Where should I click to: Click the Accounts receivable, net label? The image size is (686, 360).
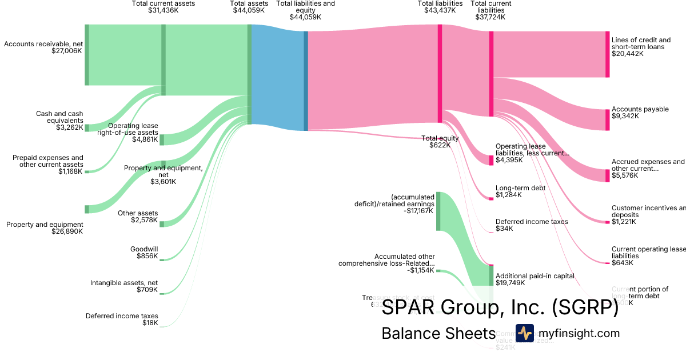click(x=43, y=47)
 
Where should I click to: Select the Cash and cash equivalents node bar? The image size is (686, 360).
click(x=87, y=128)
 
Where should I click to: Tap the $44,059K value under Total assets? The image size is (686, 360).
click(x=249, y=10)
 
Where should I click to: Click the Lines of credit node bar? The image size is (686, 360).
click(x=607, y=54)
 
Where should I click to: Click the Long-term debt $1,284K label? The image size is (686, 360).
click(x=520, y=191)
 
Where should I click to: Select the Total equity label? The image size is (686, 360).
click(x=440, y=142)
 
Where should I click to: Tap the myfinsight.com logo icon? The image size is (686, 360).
click(x=524, y=333)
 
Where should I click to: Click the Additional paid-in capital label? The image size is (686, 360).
click(x=535, y=279)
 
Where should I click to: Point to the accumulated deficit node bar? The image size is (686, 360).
click(x=438, y=211)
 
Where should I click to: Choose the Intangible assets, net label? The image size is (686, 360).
click(x=124, y=286)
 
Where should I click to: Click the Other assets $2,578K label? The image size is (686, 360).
click(x=137, y=217)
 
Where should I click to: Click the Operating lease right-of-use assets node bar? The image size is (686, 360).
click(x=162, y=139)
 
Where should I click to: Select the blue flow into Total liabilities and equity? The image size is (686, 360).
click(x=277, y=77)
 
